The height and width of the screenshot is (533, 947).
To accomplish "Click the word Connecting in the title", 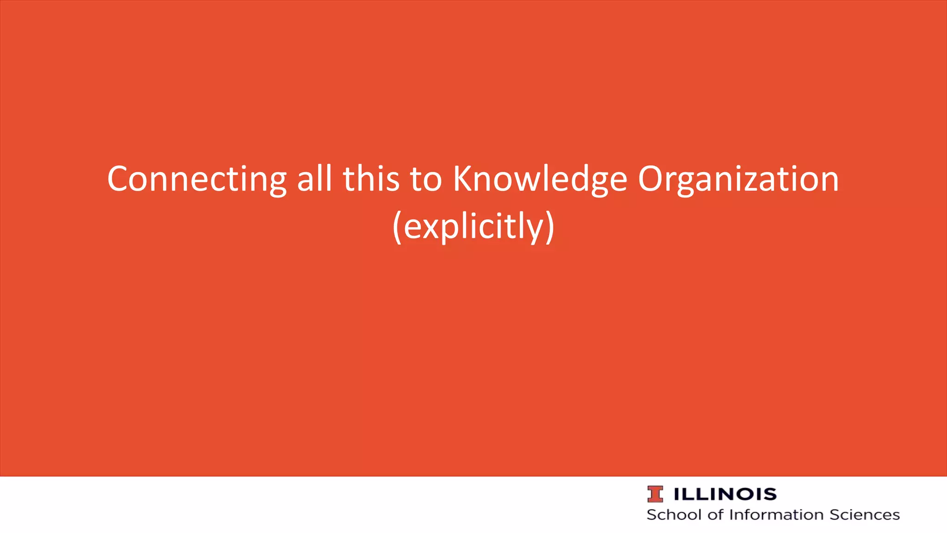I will click(x=197, y=180).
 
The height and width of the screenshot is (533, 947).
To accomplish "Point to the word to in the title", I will click(x=425, y=180).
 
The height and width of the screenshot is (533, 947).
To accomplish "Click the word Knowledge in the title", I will click(x=540, y=180).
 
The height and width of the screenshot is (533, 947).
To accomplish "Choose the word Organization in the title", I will click(x=738, y=180).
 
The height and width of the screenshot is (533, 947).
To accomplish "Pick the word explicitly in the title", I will click(x=474, y=227).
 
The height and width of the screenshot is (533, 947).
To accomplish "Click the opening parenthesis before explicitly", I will click(x=397, y=227).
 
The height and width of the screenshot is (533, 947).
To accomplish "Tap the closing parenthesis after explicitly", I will click(x=550, y=227).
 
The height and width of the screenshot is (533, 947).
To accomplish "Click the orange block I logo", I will click(x=655, y=494).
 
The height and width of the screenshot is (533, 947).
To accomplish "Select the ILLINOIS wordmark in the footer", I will click(x=725, y=494).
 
